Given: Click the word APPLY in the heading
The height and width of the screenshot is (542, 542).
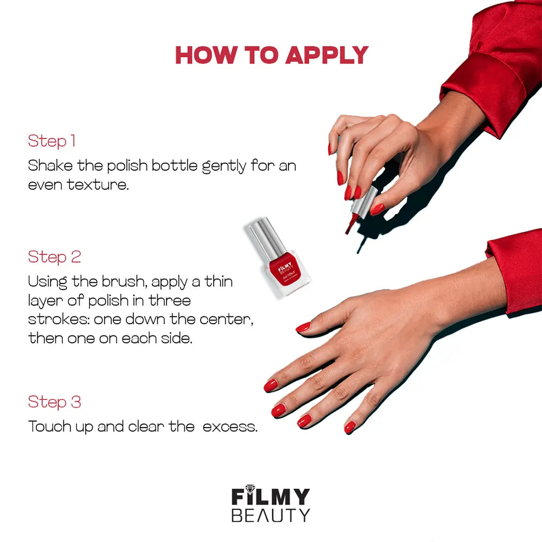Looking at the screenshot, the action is (x=327, y=55).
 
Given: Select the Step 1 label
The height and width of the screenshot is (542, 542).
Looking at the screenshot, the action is (x=52, y=141).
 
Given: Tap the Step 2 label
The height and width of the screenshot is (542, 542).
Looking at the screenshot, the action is (x=55, y=257).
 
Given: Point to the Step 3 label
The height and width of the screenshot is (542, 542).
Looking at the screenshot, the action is (x=55, y=402).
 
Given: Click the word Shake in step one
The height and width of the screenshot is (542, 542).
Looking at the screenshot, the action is (x=50, y=165).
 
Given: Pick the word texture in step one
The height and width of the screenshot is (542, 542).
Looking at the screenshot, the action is (x=98, y=185).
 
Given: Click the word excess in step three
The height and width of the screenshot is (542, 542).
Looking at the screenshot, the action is (x=230, y=427).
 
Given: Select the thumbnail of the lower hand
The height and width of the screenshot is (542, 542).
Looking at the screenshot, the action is (x=303, y=327).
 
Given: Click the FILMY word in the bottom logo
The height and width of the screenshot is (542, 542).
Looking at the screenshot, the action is (x=270, y=495).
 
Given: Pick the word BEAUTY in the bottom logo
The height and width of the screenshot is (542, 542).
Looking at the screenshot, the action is (x=270, y=515).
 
